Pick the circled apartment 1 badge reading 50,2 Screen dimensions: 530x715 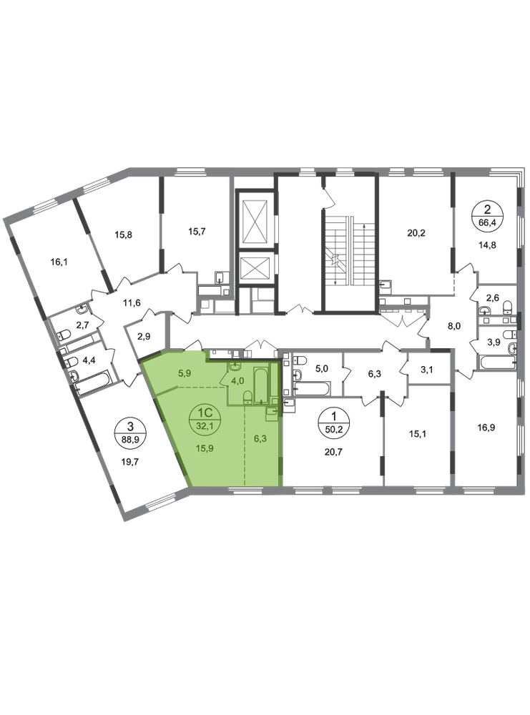pyautogui.click(x=334, y=422)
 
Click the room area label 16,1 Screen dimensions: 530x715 pyautogui.click(x=59, y=262)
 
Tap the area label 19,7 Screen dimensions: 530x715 pyautogui.click(x=130, y=461)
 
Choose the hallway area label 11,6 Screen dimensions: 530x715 pyautogui.click(x=132, y=302)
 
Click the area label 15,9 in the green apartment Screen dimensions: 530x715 pyautogui.click(x=205, y=448)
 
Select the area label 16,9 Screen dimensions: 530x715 pyautogui.click(x=486, y=428)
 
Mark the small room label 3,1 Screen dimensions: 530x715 pyautogui.click(x=426, y=370)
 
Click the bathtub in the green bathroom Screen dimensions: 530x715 pyautogui.click(x=261, y=385)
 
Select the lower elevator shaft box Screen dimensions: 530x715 pyautogui.click(x=255, y=268)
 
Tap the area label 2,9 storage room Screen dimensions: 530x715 pyautogui.click(x=144, y=337)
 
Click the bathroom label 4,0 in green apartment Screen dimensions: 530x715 pyautogui.click(x=237, y=382)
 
